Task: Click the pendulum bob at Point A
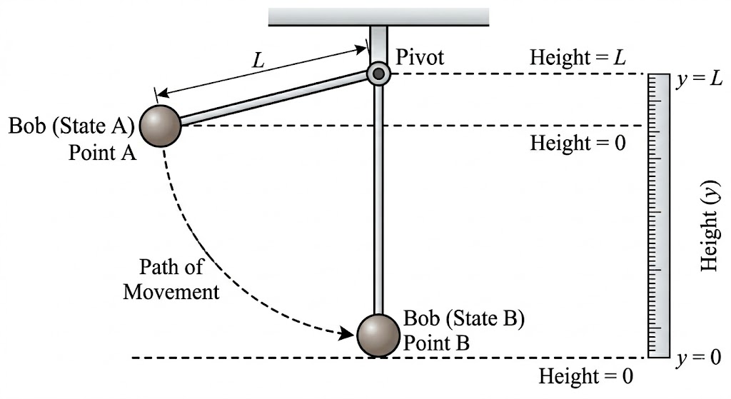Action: pos(161,126)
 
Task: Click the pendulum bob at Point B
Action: pos(378,335)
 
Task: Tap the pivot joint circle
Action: pos(378,73)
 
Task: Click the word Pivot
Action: pos(420,57)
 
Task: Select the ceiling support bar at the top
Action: pos(378,16)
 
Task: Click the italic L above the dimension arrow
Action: pos(258,61)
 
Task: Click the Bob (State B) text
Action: pos(464,318)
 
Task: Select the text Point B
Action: pos(437,343)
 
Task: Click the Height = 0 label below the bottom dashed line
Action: pos(586,375)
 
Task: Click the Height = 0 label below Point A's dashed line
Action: pos(578,143)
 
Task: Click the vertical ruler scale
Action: pos(658,214)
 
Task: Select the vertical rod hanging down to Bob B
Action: pos(378,200)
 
